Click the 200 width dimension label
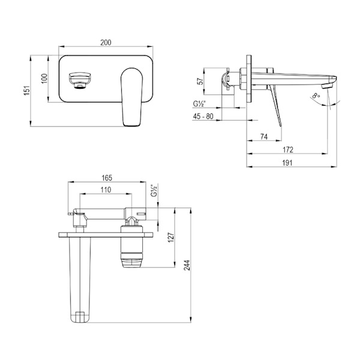click(x=106, y=43)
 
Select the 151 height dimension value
click(x=26, y=91)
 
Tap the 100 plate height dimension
click(x=44, y=79)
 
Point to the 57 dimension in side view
click(x=200, y=81)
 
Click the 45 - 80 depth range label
click(x=203, y=116)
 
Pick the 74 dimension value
click(x=264, y=137)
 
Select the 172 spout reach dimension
click(x=288, y=149)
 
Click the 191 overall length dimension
click(x=287, y=163)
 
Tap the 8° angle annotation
click(x=316, y=95)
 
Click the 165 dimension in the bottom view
click(x=107, y=178)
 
